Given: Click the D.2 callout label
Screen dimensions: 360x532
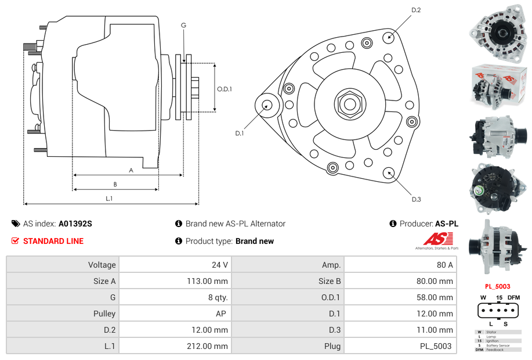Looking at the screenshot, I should [x=416, y=10].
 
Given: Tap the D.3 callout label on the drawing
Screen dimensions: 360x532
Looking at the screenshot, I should [x=416, y=199].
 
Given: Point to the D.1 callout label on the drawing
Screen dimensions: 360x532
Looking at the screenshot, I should [x=239, y=133].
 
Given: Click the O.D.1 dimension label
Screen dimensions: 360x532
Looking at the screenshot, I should [x=225, y=89].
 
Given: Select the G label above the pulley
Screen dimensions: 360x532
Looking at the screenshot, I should [x=183, y=25].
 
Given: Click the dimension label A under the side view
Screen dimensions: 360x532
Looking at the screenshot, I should [x=131, y=170].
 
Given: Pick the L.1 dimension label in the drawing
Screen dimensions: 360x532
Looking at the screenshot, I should [x=109, y=199].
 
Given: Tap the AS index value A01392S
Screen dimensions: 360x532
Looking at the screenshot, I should [x=75, y=224].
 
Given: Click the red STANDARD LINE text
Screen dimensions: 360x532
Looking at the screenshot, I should [x=53, y=241].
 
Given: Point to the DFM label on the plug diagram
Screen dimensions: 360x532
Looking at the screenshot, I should [x=513, y=297].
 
